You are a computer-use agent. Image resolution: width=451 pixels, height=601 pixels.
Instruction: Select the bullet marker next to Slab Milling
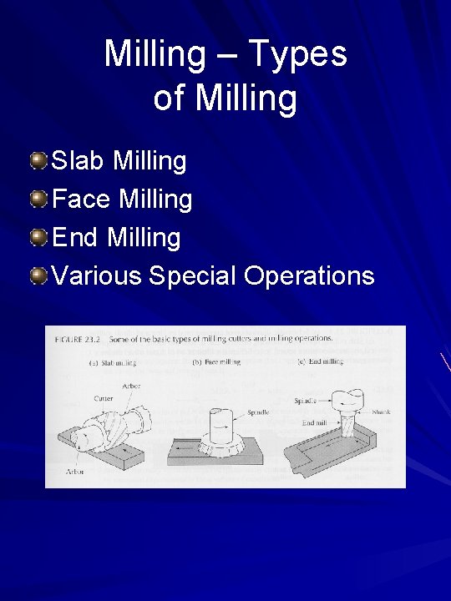click(38, 159)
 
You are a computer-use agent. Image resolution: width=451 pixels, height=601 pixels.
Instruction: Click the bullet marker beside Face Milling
click(38, 198)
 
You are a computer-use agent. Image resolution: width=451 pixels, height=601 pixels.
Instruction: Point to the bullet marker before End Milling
click(38, 237)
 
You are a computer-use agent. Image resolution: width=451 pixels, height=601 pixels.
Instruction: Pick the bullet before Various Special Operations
click(38, 275)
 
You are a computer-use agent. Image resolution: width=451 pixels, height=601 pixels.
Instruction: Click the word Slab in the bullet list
click(79, 159)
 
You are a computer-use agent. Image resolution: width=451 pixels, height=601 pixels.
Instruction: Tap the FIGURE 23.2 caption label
click(78, 339)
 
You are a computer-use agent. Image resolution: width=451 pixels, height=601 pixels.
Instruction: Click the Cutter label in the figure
click(104, 399)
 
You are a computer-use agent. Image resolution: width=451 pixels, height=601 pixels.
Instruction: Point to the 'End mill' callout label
click(315, 423)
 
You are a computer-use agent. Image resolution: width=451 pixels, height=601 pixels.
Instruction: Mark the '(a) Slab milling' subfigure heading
click(113, 363)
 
